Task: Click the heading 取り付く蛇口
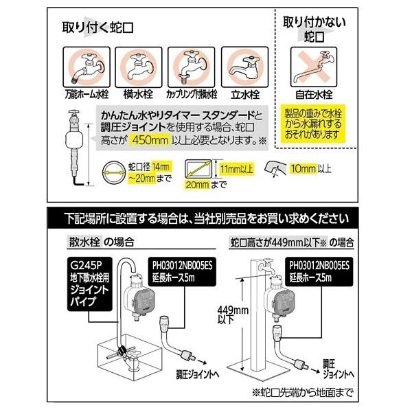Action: [x=97, y=28]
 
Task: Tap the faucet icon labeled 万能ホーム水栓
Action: [x=82, y=65]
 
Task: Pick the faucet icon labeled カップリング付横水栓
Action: [x=187, y=65]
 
